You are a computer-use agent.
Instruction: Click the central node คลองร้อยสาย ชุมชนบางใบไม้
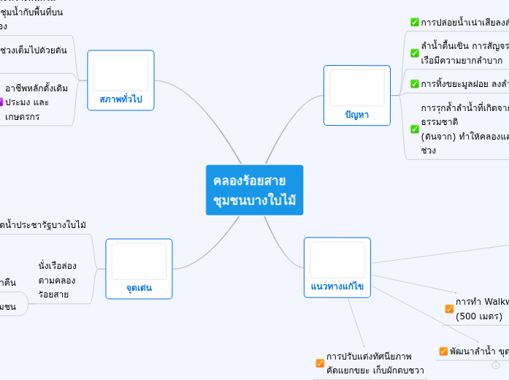pyautogui.click(x=254, y=190)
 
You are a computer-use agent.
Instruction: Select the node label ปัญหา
pyautogui.click(x=356, y=115)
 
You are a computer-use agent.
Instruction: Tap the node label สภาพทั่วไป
pyautogui.click(x=120, y=99)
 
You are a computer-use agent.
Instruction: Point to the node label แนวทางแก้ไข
pyautogui.click(x=337, y=287)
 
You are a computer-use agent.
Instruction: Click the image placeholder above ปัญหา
pyautogui.click(x=356, y=88)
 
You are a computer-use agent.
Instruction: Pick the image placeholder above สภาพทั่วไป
pyautogui.click(x=120, y=72)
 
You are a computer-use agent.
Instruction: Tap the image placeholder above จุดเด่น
pyautogui.click(x=139, y=261)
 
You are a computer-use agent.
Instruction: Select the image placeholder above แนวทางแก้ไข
pyautogui.click(x=337, y=259)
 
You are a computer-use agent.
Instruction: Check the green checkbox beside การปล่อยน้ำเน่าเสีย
pyautogui.click(x=415, y=22)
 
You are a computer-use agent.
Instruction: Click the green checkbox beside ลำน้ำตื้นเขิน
pyautogui.click(x=415, y=53)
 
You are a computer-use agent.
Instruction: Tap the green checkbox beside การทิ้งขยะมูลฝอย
pyautogui.click(x=415, y=84)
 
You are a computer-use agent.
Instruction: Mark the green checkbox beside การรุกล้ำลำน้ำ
pyautogui.click(x=415, y=129)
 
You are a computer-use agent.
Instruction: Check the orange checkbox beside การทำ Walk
pyautogui.click(x=449, y=308)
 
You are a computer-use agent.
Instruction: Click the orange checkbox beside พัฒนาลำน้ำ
pyautogui.click(x=443, y=351)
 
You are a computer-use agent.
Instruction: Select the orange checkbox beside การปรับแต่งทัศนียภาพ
pyautogui.click(x=320, y=363)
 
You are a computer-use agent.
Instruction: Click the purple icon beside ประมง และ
pyautogui.click(x=1, y=102)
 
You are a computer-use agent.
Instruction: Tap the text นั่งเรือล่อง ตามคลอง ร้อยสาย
pyautogui.click(x=57, y=280)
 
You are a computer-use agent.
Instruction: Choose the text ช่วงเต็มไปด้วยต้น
pyautogui.click(x=34, y=50)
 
